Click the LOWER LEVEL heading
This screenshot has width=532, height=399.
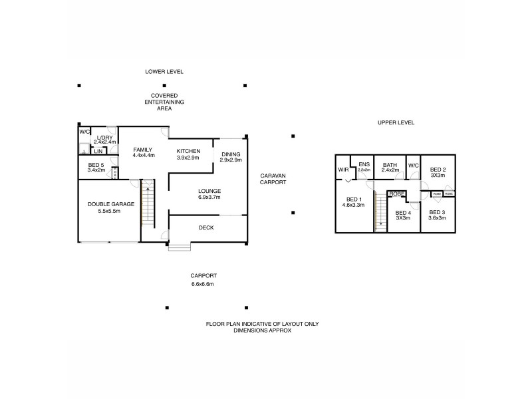coord(164,72)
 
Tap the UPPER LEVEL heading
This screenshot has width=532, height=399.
coord(396,123)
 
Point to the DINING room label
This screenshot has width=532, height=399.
coord(231,156)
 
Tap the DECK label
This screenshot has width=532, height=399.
coord(206,228)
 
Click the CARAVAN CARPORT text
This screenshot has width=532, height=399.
coord(273,178)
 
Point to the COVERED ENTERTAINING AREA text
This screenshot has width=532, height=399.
coord(164,102)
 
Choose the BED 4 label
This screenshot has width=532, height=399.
coord(403,214)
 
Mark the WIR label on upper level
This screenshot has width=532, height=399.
coord(343,170)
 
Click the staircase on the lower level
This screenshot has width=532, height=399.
coord(147,203)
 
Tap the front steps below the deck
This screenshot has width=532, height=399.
coord(180,248)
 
